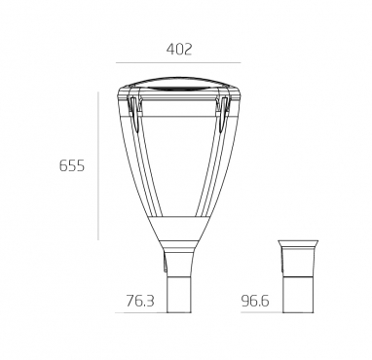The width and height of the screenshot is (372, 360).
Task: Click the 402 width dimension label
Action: pos(179,50)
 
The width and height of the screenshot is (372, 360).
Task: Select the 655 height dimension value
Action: pos(72,165)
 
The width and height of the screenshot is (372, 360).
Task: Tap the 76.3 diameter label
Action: pos(140,301)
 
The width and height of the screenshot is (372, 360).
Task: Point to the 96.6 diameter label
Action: pos(255,301)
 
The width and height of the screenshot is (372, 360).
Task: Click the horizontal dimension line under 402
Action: pos(178,62)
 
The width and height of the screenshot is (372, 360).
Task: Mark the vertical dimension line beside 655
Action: pos(98,166)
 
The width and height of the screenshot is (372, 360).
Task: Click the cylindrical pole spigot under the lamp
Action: pos(178,295)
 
